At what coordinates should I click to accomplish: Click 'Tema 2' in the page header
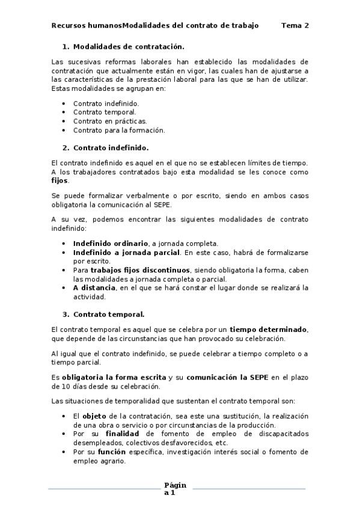point(295,25)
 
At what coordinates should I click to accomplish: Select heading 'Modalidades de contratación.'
point(129,46)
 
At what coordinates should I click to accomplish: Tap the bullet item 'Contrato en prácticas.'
point(110,121)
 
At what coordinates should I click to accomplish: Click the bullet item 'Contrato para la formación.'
point(119,130)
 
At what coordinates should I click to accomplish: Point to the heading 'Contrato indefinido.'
point(111,147)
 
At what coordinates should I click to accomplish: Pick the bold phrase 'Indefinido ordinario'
point(111,243)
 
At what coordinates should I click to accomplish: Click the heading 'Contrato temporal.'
point(109,314)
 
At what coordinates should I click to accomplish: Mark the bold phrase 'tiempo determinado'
point(268,330)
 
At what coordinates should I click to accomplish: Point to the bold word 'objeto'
point(94,416)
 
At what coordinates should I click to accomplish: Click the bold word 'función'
point(112,451)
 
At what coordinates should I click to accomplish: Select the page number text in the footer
point(175,489)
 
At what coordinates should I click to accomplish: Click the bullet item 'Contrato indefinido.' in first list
point(106,103)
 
